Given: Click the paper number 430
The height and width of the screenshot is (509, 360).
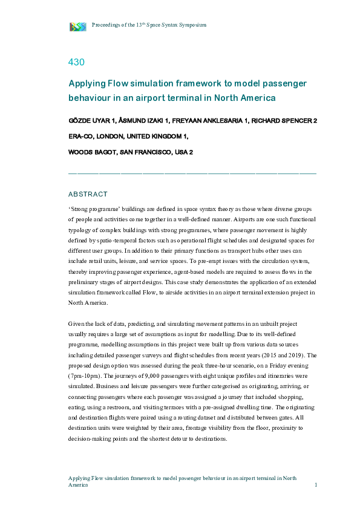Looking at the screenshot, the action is pos(76,62).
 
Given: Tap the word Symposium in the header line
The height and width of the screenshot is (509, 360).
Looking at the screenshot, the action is pos(192,25).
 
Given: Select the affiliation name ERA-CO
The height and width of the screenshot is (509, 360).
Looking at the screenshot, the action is pos(82,136).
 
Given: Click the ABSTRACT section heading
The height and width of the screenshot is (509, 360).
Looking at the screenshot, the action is pos(88,194).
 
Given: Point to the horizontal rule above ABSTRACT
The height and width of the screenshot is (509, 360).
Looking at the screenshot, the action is pos(192,173).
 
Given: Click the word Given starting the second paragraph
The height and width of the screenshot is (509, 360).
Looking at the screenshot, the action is pos(77,325).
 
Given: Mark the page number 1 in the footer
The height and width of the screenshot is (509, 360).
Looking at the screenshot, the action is pos(316,485).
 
